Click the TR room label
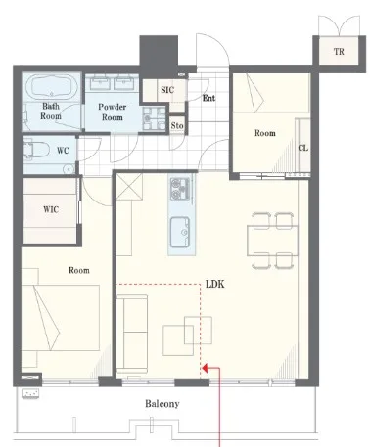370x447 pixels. pyautogui.click(x=339, y=52)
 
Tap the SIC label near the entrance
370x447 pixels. pyautogui.click(x=167, y=90)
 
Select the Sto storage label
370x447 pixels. pyautogui.click(x=177, y=126)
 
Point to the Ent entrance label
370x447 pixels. pyautogui.click(x=208, y=98)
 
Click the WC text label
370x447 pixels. pyautogui.click(x=63, y=151)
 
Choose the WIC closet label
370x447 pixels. pyautogui.click(x=51, y=209)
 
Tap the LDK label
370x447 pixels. pyautogui.click(x=215, y=284)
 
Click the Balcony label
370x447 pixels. pyautogui.click(x=162, y=404)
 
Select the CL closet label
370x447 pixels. pyautogui.click(x=303, y=148)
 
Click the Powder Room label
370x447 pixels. pyautogui.click(x=113, y=112)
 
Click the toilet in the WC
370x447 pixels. pyautogui.click(x=36, y=151)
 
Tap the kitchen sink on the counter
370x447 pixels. pyautogui.click(x=180, y=231)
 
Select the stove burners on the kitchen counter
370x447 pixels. pyautogui.click(x=180, y=189)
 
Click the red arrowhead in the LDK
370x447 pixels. pyautogui.click(x=206, y=369)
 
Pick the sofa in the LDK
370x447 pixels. pyautogui.click(x=132, y=334)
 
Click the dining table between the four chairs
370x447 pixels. pyautogui.click(x=272, y=241)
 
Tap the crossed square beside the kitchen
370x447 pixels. pyautogui.click(x=129, y=186)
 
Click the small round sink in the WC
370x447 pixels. pyautogui.click(x=69, y=169)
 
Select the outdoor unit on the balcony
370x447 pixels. pyautogui.click(x=30, y=393)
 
